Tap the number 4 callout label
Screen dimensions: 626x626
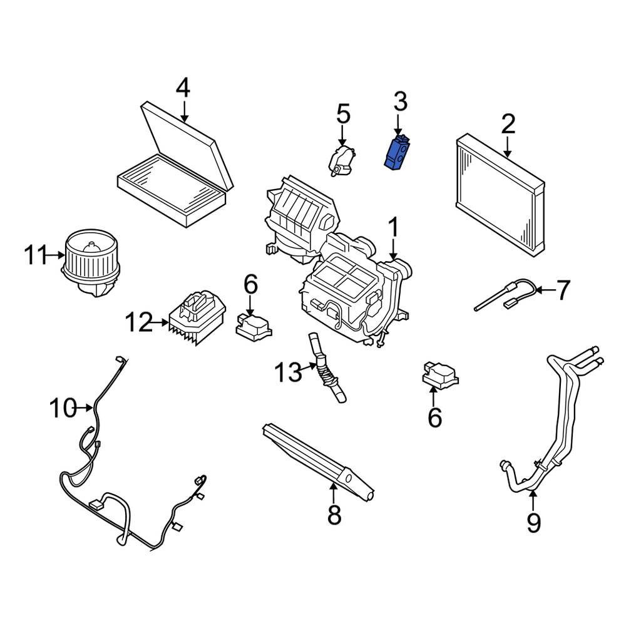tap(182, 88)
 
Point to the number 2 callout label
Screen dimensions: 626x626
tap(508, 124)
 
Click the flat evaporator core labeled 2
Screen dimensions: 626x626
tap(500, 194)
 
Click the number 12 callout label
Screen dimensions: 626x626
tap(138, 323)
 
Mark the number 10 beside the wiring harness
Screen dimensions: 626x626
tap(63, 408)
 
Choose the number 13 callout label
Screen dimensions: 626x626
tap(288, 374)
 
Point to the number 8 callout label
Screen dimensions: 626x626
tap(334, 515)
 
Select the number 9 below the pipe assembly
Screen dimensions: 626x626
tap(533, 521)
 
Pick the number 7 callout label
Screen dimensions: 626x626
tap(563, 290)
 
